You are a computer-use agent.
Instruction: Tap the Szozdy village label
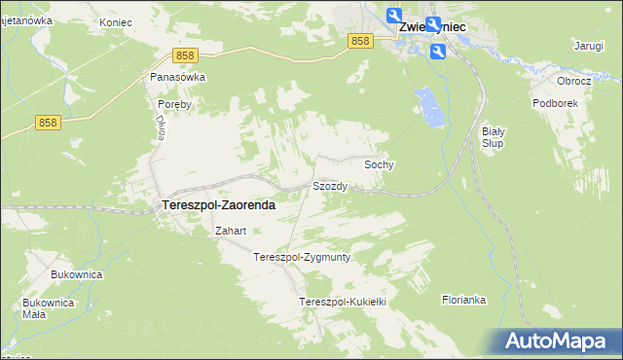[x=330, y=186]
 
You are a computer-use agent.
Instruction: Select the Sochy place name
[x=379, y=165]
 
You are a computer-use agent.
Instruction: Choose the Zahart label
[x=230, y=232]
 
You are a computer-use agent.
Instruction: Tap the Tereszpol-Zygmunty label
[x=301, y=258]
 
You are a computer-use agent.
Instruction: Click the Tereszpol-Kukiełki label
[x=344, y=303]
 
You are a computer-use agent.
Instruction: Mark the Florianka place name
[x=463, y=300]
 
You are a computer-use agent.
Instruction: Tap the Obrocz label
[x=573, y=81]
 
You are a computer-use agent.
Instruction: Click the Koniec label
[x=117, y=20]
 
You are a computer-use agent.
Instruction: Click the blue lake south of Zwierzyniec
[x=427, y=105]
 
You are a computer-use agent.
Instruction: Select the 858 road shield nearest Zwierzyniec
[x=360, y=40]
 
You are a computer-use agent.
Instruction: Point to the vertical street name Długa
[x=162, y=126]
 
